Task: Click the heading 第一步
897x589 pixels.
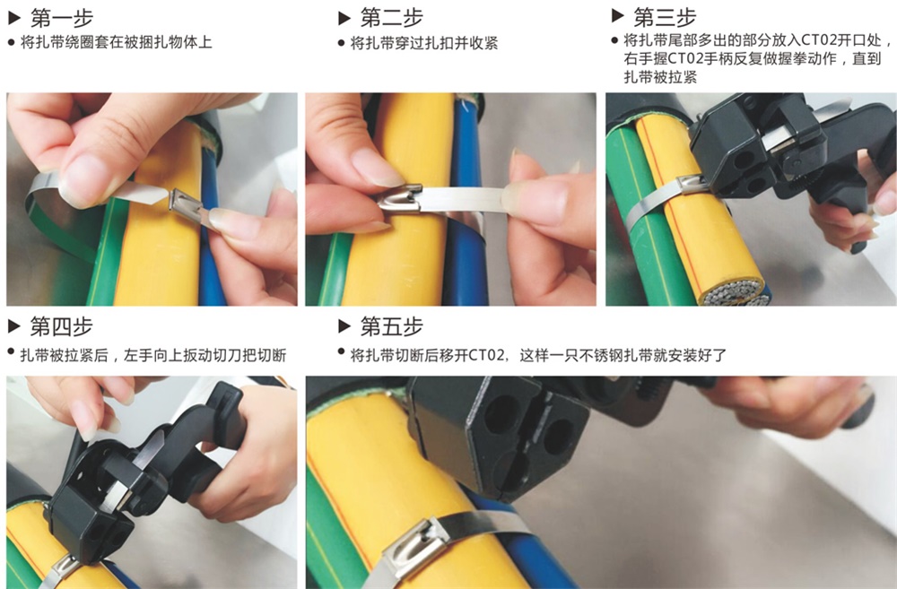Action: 62,18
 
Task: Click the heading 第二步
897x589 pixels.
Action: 392,18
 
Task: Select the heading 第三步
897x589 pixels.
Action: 665,17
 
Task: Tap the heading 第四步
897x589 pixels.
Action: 62,326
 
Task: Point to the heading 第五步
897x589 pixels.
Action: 392,326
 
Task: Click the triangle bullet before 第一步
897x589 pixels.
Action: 14,18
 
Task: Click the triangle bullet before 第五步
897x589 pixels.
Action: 344,326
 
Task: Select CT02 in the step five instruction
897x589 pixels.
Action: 486,356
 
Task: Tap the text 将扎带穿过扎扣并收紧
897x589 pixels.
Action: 424,43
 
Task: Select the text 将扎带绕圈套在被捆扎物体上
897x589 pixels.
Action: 116,42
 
